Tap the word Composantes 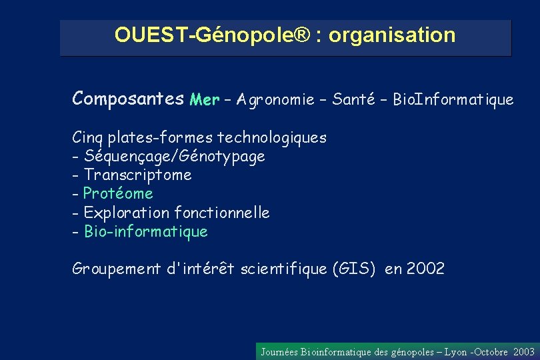128,99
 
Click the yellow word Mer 204,100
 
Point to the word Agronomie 274,100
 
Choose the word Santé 355,100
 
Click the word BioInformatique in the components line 453,100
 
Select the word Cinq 87,138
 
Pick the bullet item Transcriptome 138,175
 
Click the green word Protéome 118,194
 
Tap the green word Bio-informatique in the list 146,232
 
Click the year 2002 425,269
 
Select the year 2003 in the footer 525,352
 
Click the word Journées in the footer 279,352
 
